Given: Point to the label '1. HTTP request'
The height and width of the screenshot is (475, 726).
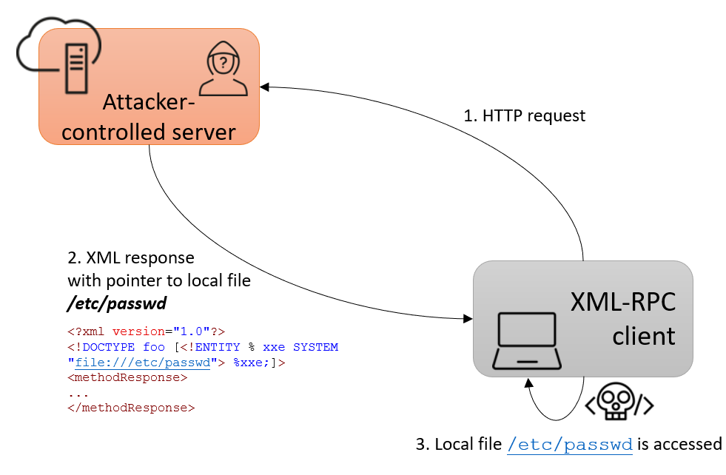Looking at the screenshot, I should [524, 116].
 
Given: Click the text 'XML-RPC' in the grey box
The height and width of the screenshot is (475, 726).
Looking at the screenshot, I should [622, 303].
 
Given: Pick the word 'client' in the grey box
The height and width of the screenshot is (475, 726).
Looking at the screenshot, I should [643, 336].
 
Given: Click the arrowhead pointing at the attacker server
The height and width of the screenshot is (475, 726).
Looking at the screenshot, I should [264, 87].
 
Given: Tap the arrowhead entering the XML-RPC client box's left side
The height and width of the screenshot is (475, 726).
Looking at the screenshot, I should [468, 319].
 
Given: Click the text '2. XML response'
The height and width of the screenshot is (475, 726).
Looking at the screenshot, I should [131, 258].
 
